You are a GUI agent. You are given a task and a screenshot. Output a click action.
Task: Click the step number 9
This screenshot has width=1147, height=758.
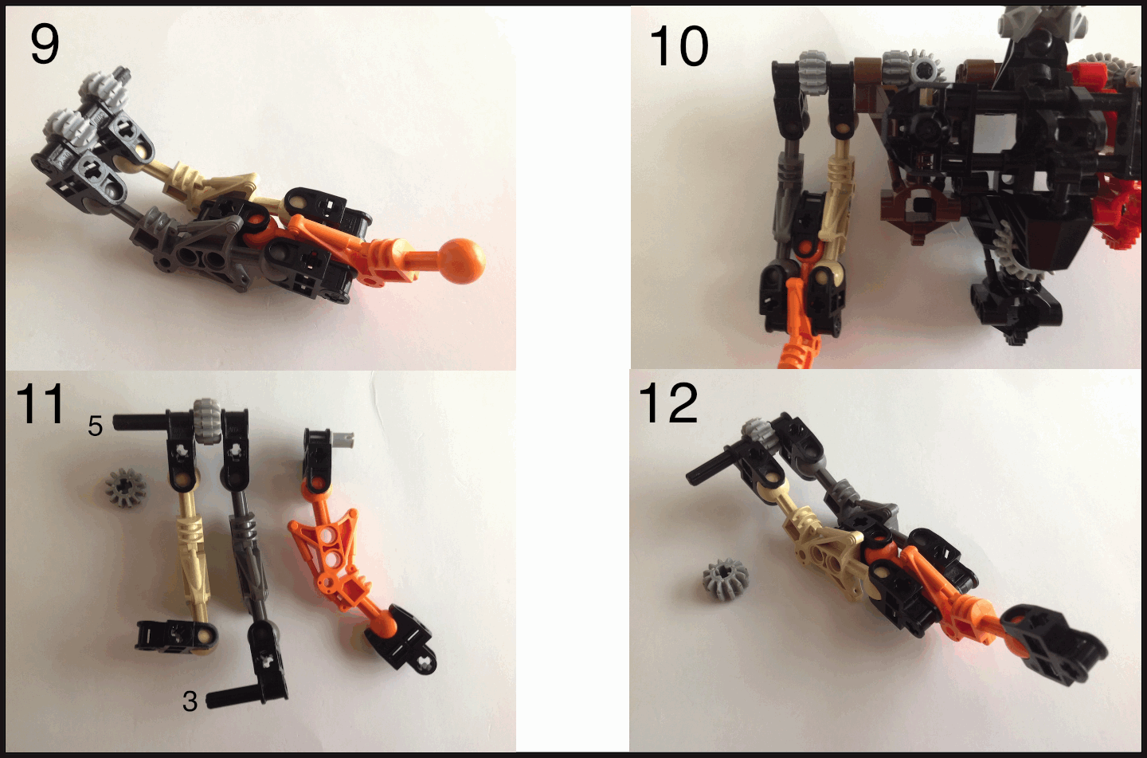tap(45, 45)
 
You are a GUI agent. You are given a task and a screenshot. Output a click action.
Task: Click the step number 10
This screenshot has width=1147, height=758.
tap(679, 47)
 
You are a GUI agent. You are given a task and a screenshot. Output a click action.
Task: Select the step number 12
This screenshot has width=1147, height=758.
tap(668, 403)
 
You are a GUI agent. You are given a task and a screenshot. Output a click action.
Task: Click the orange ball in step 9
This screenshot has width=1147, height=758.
tap(463, 261)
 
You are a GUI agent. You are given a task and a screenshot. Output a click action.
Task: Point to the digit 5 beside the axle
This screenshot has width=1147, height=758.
tap(96, 426)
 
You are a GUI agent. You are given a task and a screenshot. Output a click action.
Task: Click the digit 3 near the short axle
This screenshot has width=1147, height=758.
tap(190, 701)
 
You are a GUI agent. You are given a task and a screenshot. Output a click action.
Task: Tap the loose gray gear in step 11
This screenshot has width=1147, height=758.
tap(126, 487)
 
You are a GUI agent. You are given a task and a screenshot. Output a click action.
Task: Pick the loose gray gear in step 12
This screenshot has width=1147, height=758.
tap(725, 579)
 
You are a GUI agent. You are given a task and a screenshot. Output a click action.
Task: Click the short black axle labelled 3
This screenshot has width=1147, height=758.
tap(230, 698)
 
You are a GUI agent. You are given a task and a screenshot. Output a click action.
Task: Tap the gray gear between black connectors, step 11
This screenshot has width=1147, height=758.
tap(208, 422)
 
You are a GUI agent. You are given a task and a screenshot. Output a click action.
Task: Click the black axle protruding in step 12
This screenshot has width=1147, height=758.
tap(709, 467)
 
